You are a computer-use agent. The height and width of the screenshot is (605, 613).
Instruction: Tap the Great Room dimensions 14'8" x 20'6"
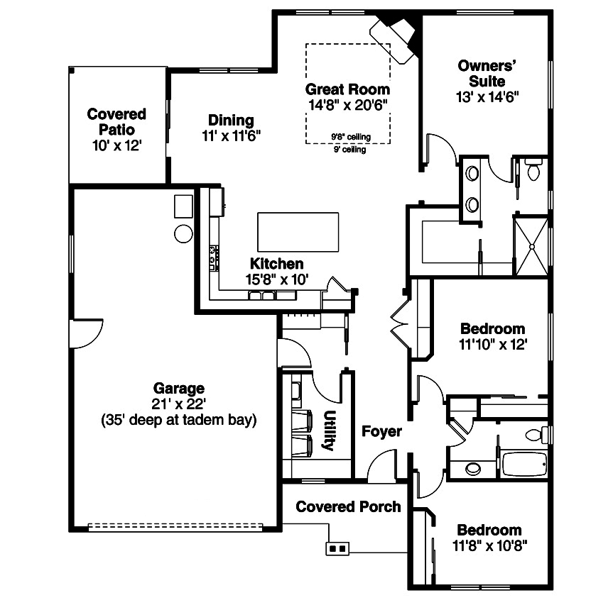coord(347,105)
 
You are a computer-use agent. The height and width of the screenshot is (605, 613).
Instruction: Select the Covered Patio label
coord(116,122)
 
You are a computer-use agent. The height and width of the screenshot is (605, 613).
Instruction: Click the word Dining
coord(231,120)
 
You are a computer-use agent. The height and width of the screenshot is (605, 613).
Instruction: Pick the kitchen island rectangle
coord(298,232)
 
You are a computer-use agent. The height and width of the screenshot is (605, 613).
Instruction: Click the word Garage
coord(178,388)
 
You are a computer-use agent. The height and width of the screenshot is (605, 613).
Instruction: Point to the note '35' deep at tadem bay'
coord(178,419)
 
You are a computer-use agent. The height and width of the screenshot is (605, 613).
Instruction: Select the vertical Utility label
coord(329,431)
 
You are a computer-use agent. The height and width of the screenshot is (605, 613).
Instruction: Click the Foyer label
coord(381,431)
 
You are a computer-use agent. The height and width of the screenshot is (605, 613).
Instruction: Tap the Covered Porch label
coord(348,506)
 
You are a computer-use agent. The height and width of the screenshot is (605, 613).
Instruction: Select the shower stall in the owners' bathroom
coord(531,245)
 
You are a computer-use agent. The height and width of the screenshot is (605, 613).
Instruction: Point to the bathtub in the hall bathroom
coord(524,465)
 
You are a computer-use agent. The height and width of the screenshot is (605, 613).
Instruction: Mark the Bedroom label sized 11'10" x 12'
coord(493,329)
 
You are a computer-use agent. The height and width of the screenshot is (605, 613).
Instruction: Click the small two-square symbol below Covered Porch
coord(338,548)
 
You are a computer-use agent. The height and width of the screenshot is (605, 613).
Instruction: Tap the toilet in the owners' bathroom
coord(533,170)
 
